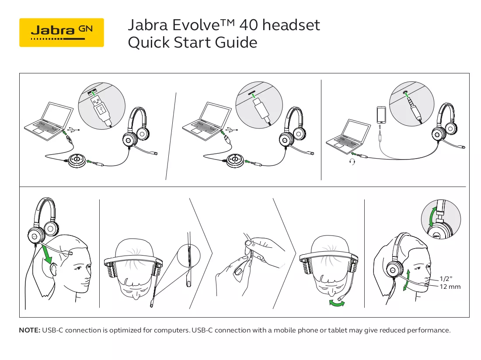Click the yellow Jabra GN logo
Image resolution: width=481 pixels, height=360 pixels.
[61, 32]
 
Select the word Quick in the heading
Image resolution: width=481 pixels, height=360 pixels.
[149, 42]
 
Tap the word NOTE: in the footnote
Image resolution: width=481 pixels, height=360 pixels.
[30, 330]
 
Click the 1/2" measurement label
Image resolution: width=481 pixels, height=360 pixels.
[446, 278]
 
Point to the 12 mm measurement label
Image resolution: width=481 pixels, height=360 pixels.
[450, 287]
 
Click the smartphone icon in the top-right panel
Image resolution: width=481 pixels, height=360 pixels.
[381, 114]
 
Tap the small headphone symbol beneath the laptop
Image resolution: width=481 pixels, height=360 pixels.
[352, 162]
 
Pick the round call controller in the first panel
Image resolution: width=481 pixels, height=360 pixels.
[77, 160]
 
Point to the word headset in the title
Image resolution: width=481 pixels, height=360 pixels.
[291, 25]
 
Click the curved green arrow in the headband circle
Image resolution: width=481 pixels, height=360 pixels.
[432, 217]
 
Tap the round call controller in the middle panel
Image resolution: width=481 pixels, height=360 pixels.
[236, 160]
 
